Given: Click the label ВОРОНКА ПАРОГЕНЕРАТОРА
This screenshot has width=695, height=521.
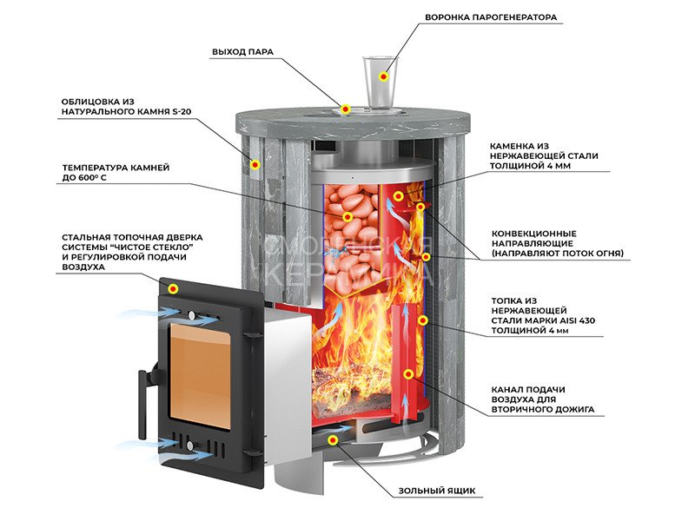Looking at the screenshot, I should pyautogui.click(x=491, y=17).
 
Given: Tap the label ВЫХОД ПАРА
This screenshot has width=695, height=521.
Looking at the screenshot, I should pyautogui.click(x=242, y=52).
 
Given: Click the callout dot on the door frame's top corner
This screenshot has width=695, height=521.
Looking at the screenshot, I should pyautogui.click(x=174, y=287).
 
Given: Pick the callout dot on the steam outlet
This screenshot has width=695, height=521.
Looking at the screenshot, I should pyautogui.click(x=345, y=109).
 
